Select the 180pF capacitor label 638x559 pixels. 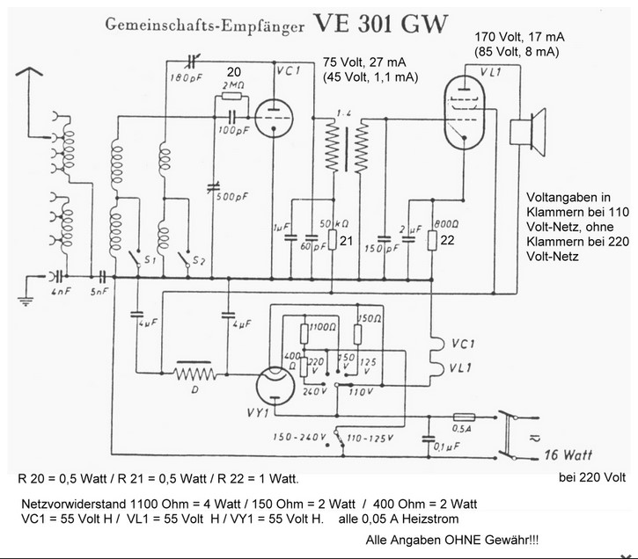click(186, 78)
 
